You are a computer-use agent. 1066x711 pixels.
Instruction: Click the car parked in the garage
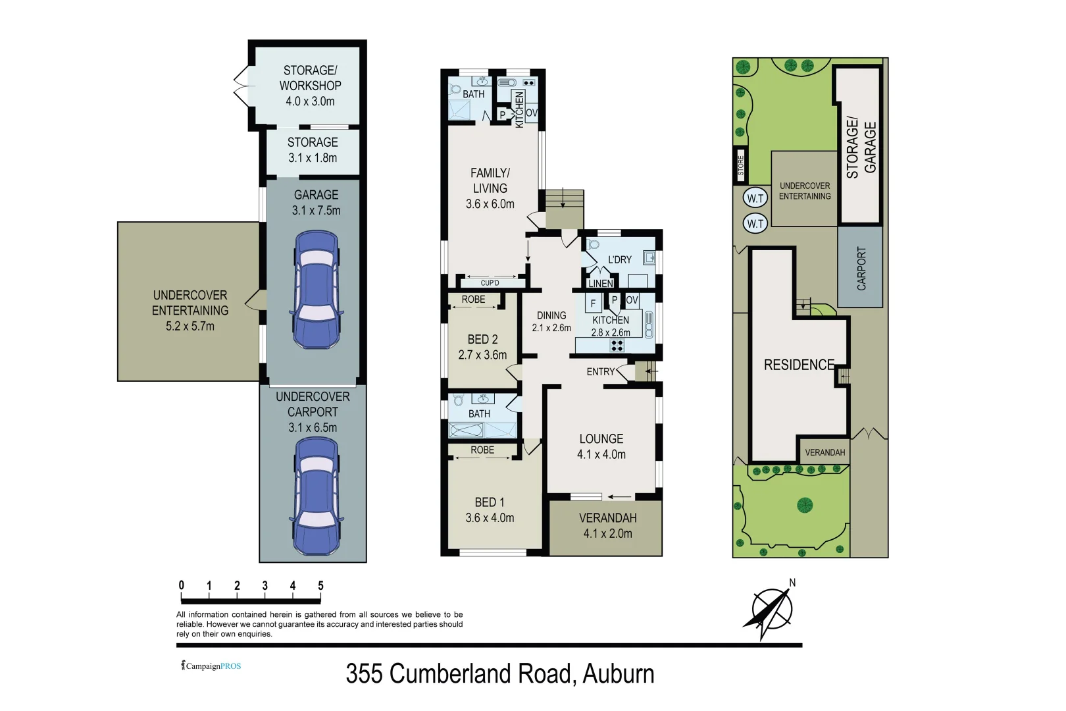pos(315,290)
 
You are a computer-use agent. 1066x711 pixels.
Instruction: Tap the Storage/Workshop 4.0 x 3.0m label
pos(310,86)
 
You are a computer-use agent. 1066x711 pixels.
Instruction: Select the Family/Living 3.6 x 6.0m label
pos(490,188)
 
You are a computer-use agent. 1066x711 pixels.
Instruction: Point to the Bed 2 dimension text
pos(482,355)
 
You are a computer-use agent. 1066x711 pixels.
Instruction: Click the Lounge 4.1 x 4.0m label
pos(601,446)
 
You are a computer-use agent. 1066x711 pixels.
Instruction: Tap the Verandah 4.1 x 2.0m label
pos(607,525)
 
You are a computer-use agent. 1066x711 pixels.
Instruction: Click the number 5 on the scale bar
pos(320,585)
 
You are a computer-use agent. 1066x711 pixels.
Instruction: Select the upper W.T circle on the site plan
pos(755,198)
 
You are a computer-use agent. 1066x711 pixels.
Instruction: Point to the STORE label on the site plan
pos(740,167)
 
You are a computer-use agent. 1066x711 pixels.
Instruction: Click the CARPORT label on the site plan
pos(861,268)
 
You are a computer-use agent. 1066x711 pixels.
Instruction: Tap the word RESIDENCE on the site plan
pos(798,365)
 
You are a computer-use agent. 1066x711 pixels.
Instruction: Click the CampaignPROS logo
pos(211,666)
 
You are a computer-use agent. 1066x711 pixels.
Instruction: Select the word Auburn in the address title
pos(618,674)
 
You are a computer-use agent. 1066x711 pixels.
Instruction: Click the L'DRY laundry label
pos(619,259)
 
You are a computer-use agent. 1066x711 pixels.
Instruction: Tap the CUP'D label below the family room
pos(490,283)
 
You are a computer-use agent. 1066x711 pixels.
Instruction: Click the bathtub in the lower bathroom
pos(466,431)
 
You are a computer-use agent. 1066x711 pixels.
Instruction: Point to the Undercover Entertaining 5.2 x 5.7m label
pos(190,310)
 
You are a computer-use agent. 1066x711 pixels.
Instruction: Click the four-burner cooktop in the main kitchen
pos(617,346)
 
